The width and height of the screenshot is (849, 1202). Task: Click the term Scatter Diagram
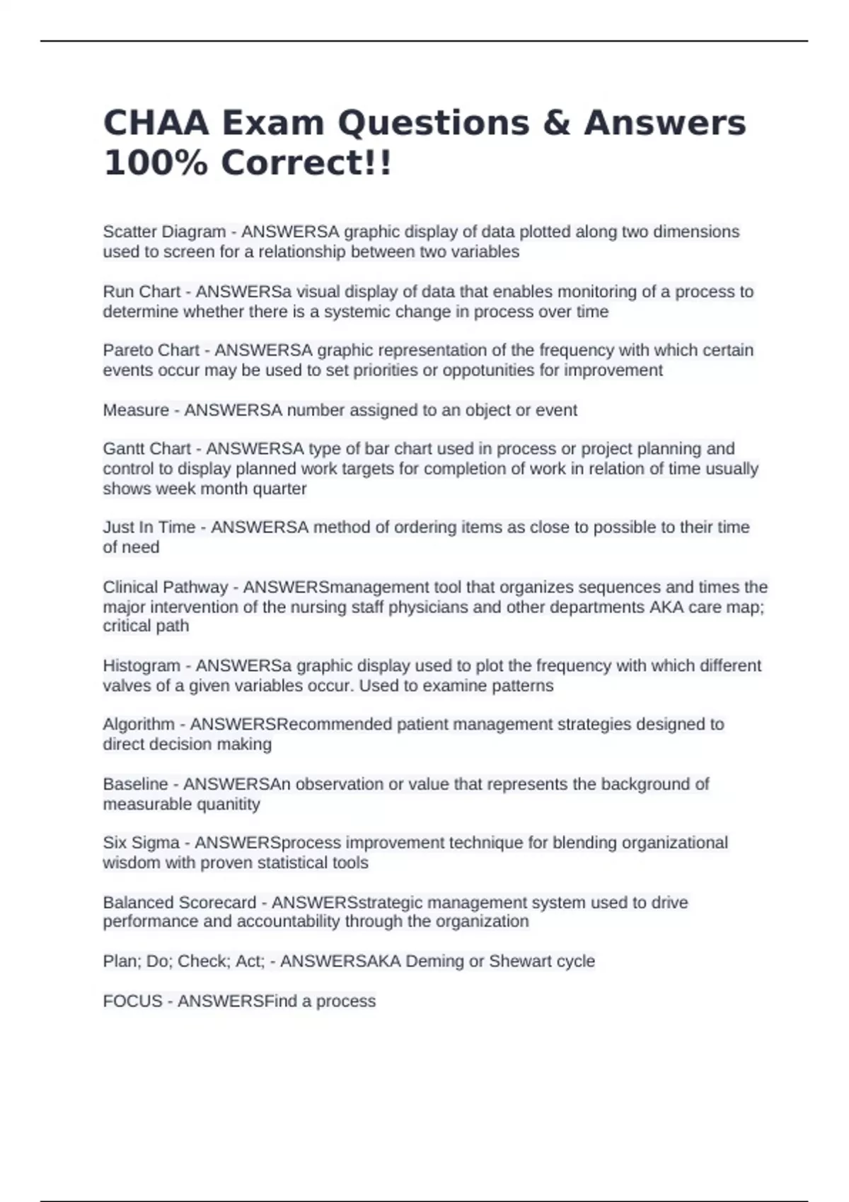point(164,232)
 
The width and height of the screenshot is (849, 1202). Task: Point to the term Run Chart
point(141,292)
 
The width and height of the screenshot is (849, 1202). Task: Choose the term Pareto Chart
point(151,351)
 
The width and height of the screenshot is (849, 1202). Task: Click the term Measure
point(136,410)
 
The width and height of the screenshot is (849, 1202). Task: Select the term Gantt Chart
point(146,449)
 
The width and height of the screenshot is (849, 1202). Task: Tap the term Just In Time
point(149,527)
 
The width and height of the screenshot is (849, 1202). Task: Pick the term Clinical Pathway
point(166,588)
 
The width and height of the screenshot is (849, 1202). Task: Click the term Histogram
point(141,666)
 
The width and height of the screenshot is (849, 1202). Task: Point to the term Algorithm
point(139,725)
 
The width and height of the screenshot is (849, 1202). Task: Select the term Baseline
point(135,784)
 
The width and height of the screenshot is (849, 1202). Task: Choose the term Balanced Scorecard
point(180,903)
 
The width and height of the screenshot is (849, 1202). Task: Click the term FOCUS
point(132,1001)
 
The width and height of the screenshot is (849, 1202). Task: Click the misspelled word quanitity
point(224,805)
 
